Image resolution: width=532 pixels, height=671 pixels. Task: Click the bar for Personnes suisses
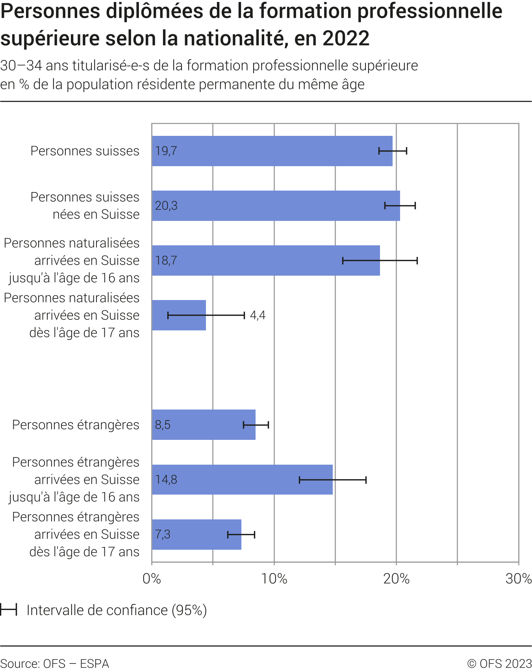click(272, 151)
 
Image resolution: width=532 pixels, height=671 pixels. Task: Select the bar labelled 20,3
click(276, 206)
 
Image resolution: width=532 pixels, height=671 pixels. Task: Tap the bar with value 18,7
click(266, 260)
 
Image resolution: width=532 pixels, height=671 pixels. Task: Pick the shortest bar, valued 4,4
click(179, 315)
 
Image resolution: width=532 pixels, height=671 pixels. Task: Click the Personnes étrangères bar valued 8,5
click(204, 424)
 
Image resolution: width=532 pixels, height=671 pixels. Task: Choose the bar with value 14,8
click(242, 480)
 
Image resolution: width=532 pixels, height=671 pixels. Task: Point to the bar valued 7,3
click(196, 534)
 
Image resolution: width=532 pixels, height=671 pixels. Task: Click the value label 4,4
click(258, 315)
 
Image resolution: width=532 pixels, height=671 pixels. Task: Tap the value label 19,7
click(166, 151)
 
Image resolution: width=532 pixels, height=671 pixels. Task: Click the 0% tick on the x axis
click(152, 578)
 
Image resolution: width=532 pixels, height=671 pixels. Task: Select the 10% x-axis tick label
click(274, 578)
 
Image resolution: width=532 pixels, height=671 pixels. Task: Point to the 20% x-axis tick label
click(397, 578)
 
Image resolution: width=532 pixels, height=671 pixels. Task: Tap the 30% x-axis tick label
click(518, 578)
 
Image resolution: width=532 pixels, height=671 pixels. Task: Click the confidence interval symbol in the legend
click(8, 610)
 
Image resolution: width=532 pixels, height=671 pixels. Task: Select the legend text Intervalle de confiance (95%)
click(117, 610)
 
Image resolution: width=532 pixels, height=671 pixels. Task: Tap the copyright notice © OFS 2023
click(499, 664)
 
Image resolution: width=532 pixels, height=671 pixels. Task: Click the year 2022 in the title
click(346, 38)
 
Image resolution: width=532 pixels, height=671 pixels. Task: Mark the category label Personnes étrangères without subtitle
click(76, 425)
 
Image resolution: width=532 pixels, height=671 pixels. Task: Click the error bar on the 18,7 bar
click(380, 260)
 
